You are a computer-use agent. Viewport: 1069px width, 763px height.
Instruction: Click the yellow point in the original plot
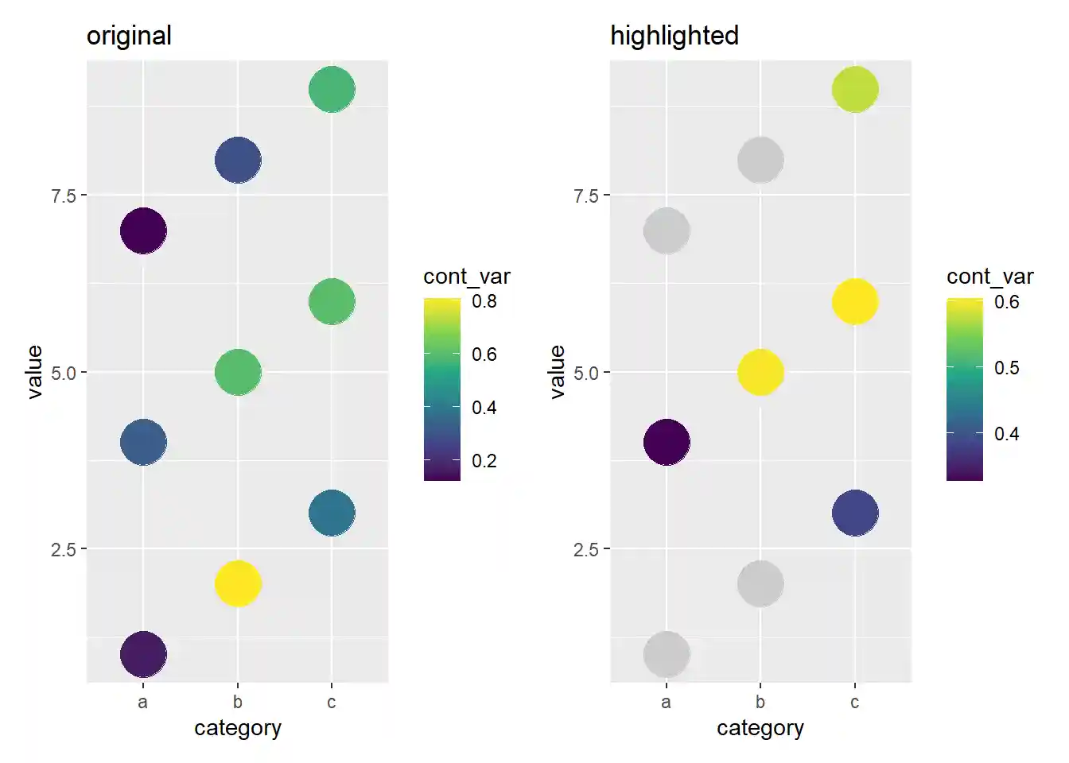click(237, 583)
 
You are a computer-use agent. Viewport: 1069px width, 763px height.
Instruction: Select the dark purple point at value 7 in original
click(143, 231)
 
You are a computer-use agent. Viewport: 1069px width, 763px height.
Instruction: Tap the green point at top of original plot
click(332, 89)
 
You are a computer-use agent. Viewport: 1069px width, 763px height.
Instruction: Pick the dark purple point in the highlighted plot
click(667, 442)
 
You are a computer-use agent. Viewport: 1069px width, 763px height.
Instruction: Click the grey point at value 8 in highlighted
click(760, 160)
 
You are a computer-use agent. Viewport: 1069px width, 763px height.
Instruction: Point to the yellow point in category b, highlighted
click(760, 372)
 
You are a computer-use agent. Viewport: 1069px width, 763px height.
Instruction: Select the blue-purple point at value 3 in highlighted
click(855, 513)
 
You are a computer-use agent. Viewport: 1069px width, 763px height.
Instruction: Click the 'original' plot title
click(129, 36)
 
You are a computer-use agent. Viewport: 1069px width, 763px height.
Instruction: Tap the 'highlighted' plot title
click(674, 36)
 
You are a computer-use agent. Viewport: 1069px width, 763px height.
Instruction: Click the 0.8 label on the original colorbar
click(484, 301)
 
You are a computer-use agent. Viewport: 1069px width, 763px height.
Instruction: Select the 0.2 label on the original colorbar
click(484, 461)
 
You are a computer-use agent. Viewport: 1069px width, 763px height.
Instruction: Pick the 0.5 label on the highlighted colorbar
click(1006, 368)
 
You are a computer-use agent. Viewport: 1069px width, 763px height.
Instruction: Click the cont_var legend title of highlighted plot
click(989, 277)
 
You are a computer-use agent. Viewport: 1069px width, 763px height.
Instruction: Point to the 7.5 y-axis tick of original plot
click(64, 196)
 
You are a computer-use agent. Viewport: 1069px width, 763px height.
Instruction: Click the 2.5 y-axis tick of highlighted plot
click(586, 549)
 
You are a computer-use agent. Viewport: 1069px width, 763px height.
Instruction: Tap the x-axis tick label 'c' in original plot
click(332, 703)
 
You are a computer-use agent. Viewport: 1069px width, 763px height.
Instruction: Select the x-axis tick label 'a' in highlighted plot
click(667, 703)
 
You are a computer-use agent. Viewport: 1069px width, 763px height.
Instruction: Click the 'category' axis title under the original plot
click(238, 728)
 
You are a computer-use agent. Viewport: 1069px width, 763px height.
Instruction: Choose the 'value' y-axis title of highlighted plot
click(558, 372)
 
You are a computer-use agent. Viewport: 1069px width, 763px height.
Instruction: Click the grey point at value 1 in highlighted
click(667, 654)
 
